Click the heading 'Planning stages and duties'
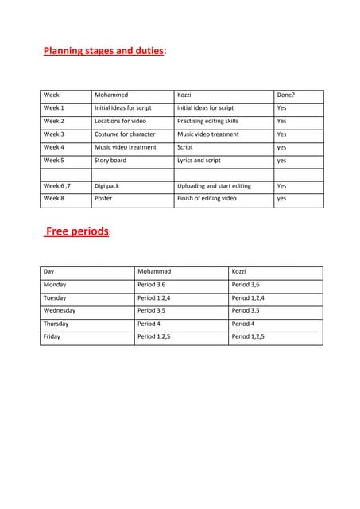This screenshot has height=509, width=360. tap(103, 52)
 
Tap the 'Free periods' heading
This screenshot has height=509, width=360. tap(77, 231)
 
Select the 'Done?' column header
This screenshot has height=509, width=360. tap(285, 95)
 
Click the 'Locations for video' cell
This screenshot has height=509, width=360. tap(120, 121)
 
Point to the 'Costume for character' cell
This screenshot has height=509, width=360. tap(125, 134)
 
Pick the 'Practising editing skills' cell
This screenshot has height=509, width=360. tap(207, 121)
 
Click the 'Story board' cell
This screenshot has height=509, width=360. tap(110, 160)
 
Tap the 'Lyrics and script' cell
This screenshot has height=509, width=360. tap(199, 160)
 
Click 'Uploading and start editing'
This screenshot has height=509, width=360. tap(214, 186)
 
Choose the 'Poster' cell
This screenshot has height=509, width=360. tap(103, 199)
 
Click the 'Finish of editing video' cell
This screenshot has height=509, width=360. tap(207, 199)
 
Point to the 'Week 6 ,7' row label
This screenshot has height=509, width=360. tap(58, 186)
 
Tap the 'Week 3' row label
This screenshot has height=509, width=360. tap(54, 134)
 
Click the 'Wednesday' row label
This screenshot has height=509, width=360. tap(60, 310)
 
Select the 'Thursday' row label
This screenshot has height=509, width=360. tap(56, 324)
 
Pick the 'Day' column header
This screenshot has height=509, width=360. tap(49, 272)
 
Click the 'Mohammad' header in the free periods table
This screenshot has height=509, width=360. tap(154, 272)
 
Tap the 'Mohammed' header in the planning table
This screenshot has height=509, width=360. tap(111, 95)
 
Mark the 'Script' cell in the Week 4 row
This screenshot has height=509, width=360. tap(185, 147)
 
